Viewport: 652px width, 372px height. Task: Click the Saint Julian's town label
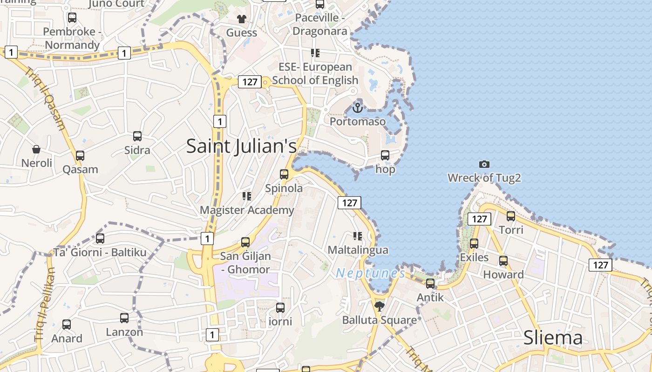click(x=241, y=146)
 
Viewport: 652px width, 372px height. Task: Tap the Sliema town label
click(x=553, y=338)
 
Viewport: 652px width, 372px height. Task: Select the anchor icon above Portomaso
click(x=357, y=108)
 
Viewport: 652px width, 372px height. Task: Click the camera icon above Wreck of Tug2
click(x=484, y=164)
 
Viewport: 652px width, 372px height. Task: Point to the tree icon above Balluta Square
click(x=380, y=306)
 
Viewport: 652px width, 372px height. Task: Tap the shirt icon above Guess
click(x=241, y=19)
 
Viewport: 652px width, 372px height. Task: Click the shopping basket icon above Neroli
click(x=36, y=149)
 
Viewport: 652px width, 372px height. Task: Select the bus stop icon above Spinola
click(x=284, y=174)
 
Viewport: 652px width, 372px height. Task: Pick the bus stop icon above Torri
click(x=511, y=216)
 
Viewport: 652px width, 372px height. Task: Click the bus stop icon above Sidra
click(x=137, y=136)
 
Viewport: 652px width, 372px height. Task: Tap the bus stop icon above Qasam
click(x=80, y=155)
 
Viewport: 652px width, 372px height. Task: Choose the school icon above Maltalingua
click(x=358, y=236)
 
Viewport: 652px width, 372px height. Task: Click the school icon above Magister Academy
click(x=247, y=196)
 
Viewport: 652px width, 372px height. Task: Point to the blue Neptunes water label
click(x=370, y=273)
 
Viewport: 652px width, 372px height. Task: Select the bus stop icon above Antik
click(x=430, y=283)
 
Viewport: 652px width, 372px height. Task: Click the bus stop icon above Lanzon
click(x=124, y=318)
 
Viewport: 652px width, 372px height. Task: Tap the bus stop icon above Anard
click(x=67, y=324)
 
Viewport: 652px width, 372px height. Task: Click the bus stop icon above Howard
click(x=503, y=260)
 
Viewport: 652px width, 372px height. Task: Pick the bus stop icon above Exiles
click(x=474, y=243)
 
